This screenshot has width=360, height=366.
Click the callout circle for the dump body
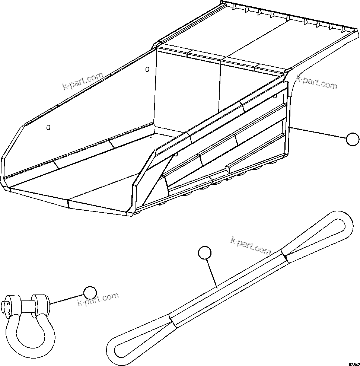tap(352, 139)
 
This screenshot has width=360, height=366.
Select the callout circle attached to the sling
tap(205, 253)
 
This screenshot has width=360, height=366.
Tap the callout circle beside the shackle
tap(90, 293)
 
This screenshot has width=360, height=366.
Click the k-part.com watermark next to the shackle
tap(98, 299)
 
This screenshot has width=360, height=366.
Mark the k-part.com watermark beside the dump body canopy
tap(317, 82)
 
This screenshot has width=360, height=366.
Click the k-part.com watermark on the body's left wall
tap(82, 82)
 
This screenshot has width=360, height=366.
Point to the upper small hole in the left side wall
tap(147, 69)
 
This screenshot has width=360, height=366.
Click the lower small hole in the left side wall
tap(48, 128)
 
